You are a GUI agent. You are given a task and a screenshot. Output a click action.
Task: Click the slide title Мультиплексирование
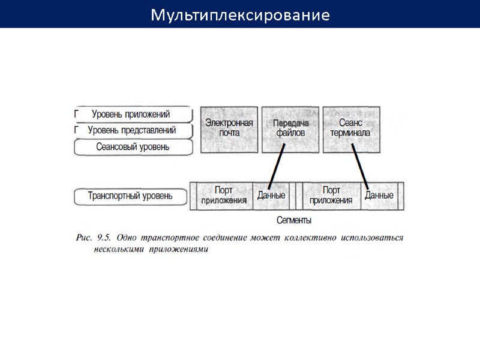tap(240, 14)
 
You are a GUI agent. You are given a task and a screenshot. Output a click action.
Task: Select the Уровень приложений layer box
tap(132, 114)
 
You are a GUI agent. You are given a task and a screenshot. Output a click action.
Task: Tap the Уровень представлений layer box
tap(132, 130)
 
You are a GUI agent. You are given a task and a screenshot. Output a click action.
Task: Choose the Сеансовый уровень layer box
tap(133, 146)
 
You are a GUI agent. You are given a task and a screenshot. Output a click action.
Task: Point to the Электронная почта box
tap(230, 128)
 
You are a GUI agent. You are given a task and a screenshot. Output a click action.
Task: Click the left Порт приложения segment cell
tap(224, 196)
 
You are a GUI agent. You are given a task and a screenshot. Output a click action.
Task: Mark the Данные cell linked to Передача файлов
tap(271, 196)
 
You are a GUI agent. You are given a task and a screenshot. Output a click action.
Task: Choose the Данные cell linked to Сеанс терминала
tap(379, 196)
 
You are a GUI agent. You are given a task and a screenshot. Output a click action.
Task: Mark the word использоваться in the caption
tap(372, 238)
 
